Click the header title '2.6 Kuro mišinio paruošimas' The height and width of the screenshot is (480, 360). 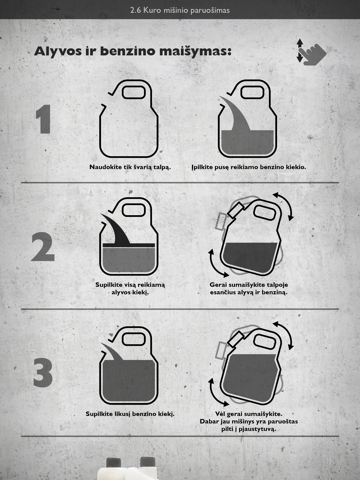180,10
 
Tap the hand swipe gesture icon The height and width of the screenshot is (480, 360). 311,52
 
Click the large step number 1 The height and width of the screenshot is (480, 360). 44,119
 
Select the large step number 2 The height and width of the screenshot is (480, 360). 43,247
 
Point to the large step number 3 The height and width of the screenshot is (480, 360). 43,372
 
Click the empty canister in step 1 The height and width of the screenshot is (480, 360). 128,119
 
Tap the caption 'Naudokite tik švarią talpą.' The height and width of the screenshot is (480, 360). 130,167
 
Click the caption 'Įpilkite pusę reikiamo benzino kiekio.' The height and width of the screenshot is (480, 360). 249,167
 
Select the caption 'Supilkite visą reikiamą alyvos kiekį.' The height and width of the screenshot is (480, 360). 130,288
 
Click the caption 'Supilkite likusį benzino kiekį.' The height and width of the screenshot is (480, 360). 130,414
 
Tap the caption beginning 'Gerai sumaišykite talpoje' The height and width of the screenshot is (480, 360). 249,288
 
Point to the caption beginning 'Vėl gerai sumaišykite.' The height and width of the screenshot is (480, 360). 249,421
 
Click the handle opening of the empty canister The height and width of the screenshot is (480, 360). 134,92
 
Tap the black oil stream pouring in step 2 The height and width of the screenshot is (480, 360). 116,229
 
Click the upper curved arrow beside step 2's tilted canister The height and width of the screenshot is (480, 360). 286,204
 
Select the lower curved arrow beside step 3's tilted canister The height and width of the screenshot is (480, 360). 215,393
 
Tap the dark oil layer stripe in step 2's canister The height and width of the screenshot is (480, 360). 129,245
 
